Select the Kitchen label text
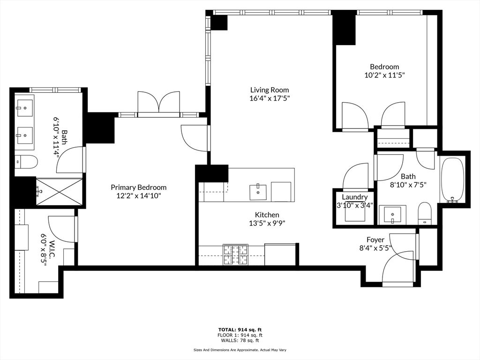point(267,215)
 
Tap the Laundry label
point(354,197)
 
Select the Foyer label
point(375,240)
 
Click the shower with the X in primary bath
point(58,191)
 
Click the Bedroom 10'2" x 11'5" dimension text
point(384,75)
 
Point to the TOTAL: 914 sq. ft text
point(240,329)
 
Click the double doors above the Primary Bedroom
point(158,102)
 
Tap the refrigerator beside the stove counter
point(280,255)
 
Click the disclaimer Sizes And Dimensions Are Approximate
point(240,350)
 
